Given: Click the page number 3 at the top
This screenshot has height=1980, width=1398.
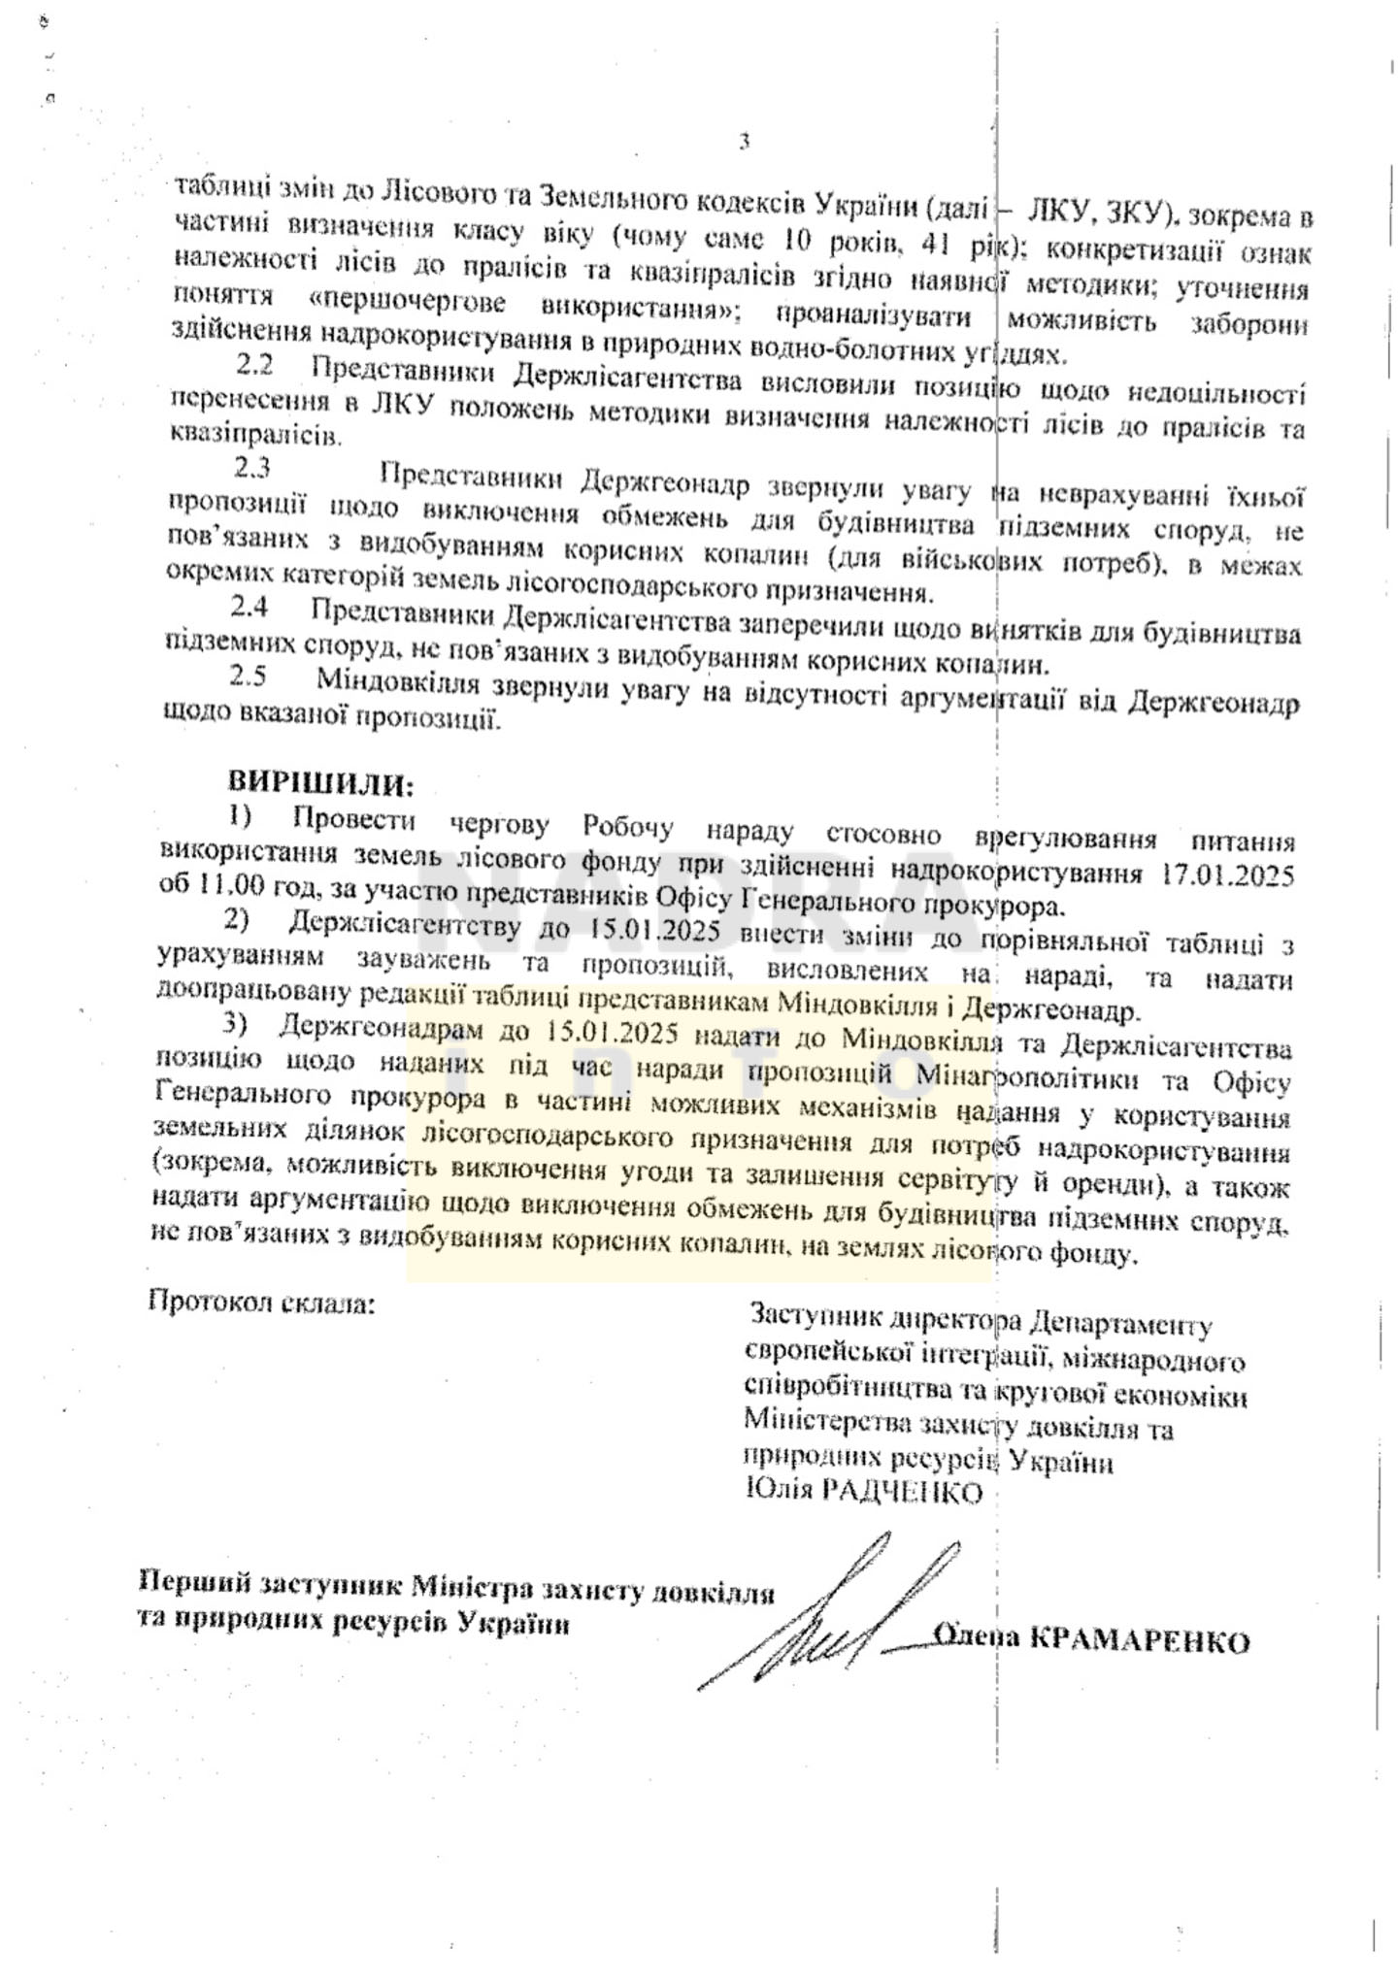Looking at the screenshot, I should point(744,142).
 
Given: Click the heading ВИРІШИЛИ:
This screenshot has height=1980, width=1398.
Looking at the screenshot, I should point(320,781).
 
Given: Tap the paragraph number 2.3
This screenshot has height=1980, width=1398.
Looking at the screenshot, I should point(251,469).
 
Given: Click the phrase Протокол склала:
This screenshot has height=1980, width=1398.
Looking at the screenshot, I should point(260,1301).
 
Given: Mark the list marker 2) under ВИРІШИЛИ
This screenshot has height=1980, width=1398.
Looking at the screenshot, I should point(237,918).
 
